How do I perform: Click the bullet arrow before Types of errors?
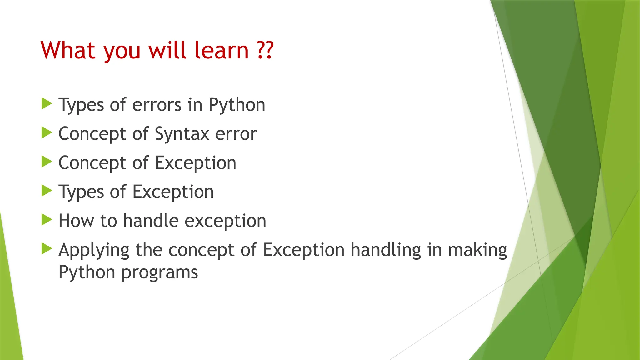coord(47,103)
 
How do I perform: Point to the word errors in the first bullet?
coord(157,105)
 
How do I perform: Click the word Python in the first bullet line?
coord(237,105)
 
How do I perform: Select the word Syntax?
coord(182,134)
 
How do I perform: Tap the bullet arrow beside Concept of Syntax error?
coord(47,132)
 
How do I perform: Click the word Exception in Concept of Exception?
coord(196,163)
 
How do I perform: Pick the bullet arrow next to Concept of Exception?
coord(47,162)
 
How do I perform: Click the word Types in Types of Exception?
coord(81,192)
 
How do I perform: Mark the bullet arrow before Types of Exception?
coord(47,191)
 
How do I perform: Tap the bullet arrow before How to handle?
coord(47,220)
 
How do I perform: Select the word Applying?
coord(94,251)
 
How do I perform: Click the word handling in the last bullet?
coord(386,251)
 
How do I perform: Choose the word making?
coord(477,251)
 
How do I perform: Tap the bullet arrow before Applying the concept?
coord(47,249)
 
